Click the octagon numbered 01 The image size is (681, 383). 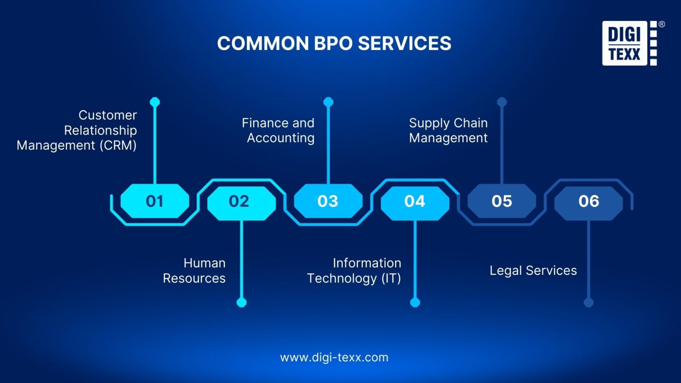pyautogui.click(x=155, y=201)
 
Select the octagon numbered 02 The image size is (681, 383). pyautogui.click(x=241, y=203)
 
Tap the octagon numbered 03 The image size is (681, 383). pyautogui.click(x=329, y=201)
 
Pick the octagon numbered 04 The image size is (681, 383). pyautogui.click(x=415, y=203)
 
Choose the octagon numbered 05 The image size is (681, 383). pyautogui.click(x=501, y=201)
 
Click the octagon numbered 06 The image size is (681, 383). pyautogui.click(x=589, y=203)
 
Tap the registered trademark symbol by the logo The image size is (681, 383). pyautogui.click(x=661, y=24)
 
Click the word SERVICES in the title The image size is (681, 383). pyautogui.click(x=405, y=43)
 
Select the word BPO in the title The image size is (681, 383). pyautogui.click(x=333, y=43)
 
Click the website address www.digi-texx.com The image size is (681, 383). pyautogui.click(x=334, y=357)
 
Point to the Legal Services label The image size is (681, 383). pyautogui.click(x=533, y=270)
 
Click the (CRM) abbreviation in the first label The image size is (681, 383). pyautogui.click(x=118, y=145)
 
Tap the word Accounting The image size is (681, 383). pyautogui.click(x=281, y=138)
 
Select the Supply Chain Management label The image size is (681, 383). pyautogui.click(x=448, y=130)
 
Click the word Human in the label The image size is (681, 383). pyautogui.click(x=204, y=263)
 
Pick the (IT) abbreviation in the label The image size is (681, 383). pyautogui.click(x=391, y=278)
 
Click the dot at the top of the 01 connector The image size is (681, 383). pyautogui.click(x=155, y=102)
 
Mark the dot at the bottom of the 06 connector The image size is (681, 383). pyautogui.click(x=589, y=302)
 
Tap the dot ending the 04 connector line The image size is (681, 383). pyautogui.click(x=415, y=302)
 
